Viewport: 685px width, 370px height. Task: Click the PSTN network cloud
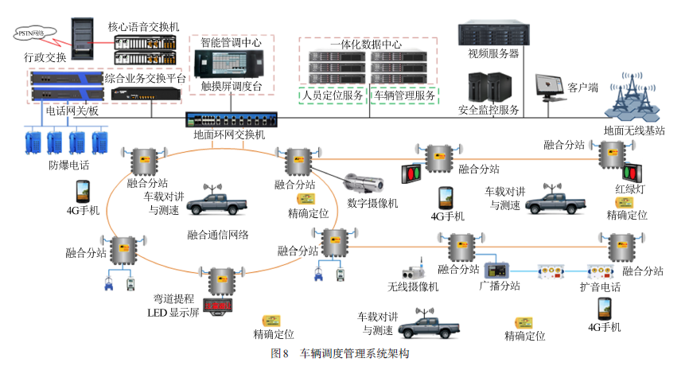click(x=33, y=34)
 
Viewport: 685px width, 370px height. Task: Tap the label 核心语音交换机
click(x=144, y=26)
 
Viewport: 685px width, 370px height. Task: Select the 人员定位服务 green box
click(x=333, y=95)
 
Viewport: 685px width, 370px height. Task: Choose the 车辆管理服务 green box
click(x=406, y=95)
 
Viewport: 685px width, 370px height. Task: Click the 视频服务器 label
click(x=493, y=54)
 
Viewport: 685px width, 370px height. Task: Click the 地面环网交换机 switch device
click(x=231, y=120)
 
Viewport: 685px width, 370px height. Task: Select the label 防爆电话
click(x=68, y=166)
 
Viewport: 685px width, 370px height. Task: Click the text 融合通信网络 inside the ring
click(x=218, y=235)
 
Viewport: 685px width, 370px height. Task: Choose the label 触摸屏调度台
click(x=232, y=87)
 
